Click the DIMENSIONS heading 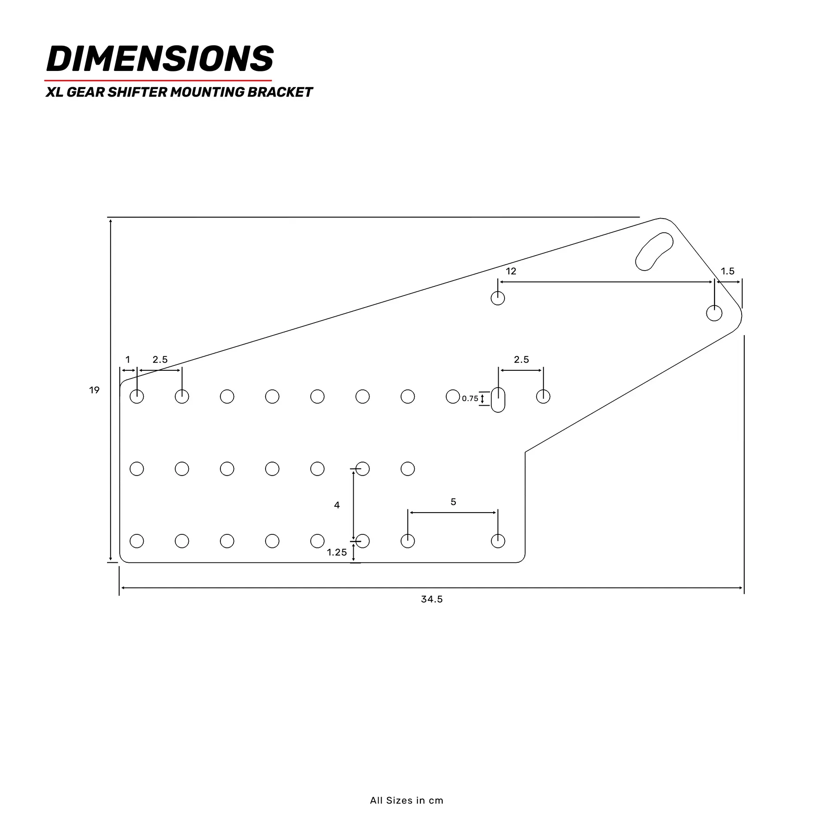(160, 59)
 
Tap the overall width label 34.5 (432, 599)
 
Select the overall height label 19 (94, 390)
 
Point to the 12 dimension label (511, 271)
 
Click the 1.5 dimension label (727, 271)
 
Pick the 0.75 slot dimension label (470, 398)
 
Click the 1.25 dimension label (337, 552)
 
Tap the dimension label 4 (337, 505)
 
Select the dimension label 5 (453, 502)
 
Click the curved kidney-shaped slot (654, 252)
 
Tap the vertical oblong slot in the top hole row (498, 400)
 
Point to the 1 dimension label (128, 360)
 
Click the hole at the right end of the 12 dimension (714, 313)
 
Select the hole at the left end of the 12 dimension (498, 298)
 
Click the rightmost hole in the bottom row (498, 541)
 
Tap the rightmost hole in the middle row (408, 469)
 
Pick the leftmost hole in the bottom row (137, 541)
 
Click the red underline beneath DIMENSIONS (158, 80)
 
